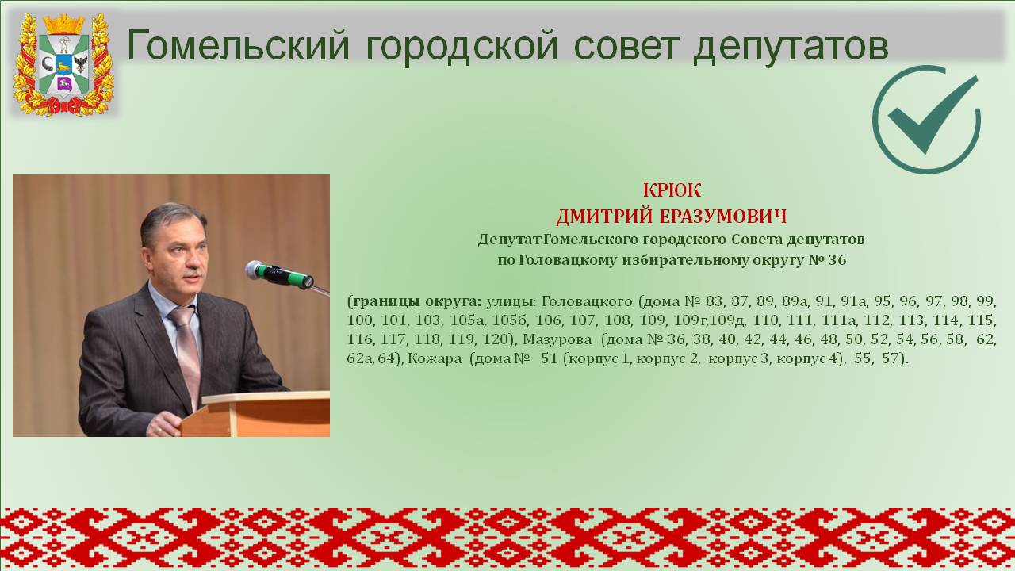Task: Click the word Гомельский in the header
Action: click(239, 46)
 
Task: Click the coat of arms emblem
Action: click(63, 64)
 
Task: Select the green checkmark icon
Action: click(927, 119)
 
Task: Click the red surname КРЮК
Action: click(672, 190)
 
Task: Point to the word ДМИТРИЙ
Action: click(604, 217)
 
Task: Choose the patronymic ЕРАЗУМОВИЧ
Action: click(722, 217)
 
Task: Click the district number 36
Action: click(837, 260)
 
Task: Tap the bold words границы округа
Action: click(414, 302)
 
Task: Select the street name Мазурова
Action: click(557, 339)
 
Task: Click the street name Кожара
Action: click(435, 359)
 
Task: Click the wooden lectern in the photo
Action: click(255, 414)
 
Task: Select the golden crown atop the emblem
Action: click(64, 24)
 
